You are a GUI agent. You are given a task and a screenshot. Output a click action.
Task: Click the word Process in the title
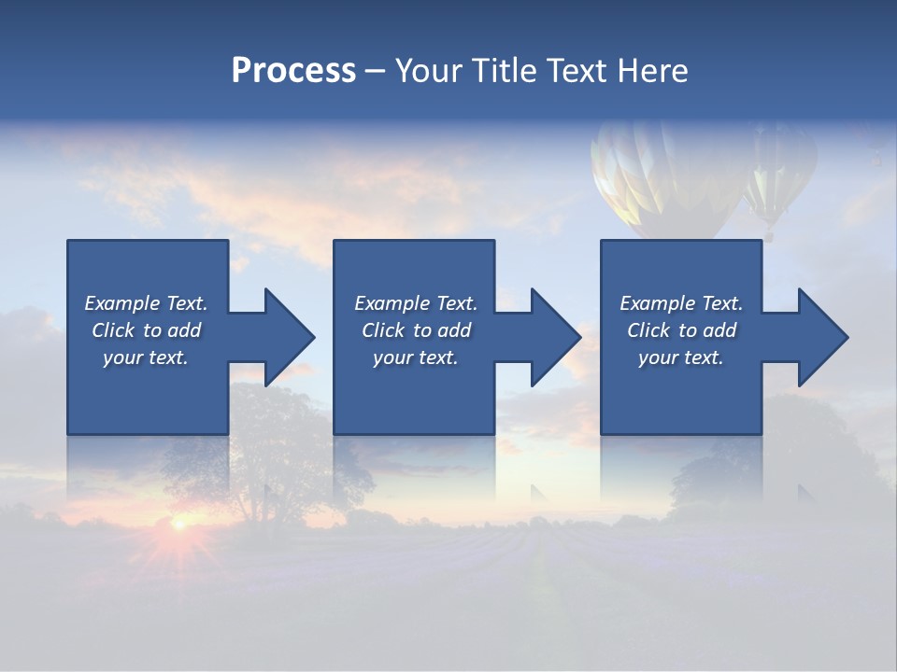coord(293,71)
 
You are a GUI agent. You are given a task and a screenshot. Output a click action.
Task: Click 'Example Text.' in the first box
coord(147,303)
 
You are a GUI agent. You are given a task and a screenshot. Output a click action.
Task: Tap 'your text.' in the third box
coord(681,357)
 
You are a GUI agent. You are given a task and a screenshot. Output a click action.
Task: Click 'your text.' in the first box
coord(147,357)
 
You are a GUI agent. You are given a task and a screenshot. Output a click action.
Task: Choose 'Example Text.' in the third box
coord(681,303)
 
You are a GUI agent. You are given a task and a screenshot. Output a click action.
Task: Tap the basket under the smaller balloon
coord(769,237)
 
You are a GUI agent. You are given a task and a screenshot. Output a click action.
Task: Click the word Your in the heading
coord(429,71)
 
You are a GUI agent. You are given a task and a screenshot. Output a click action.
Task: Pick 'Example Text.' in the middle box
coord(416,303)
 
